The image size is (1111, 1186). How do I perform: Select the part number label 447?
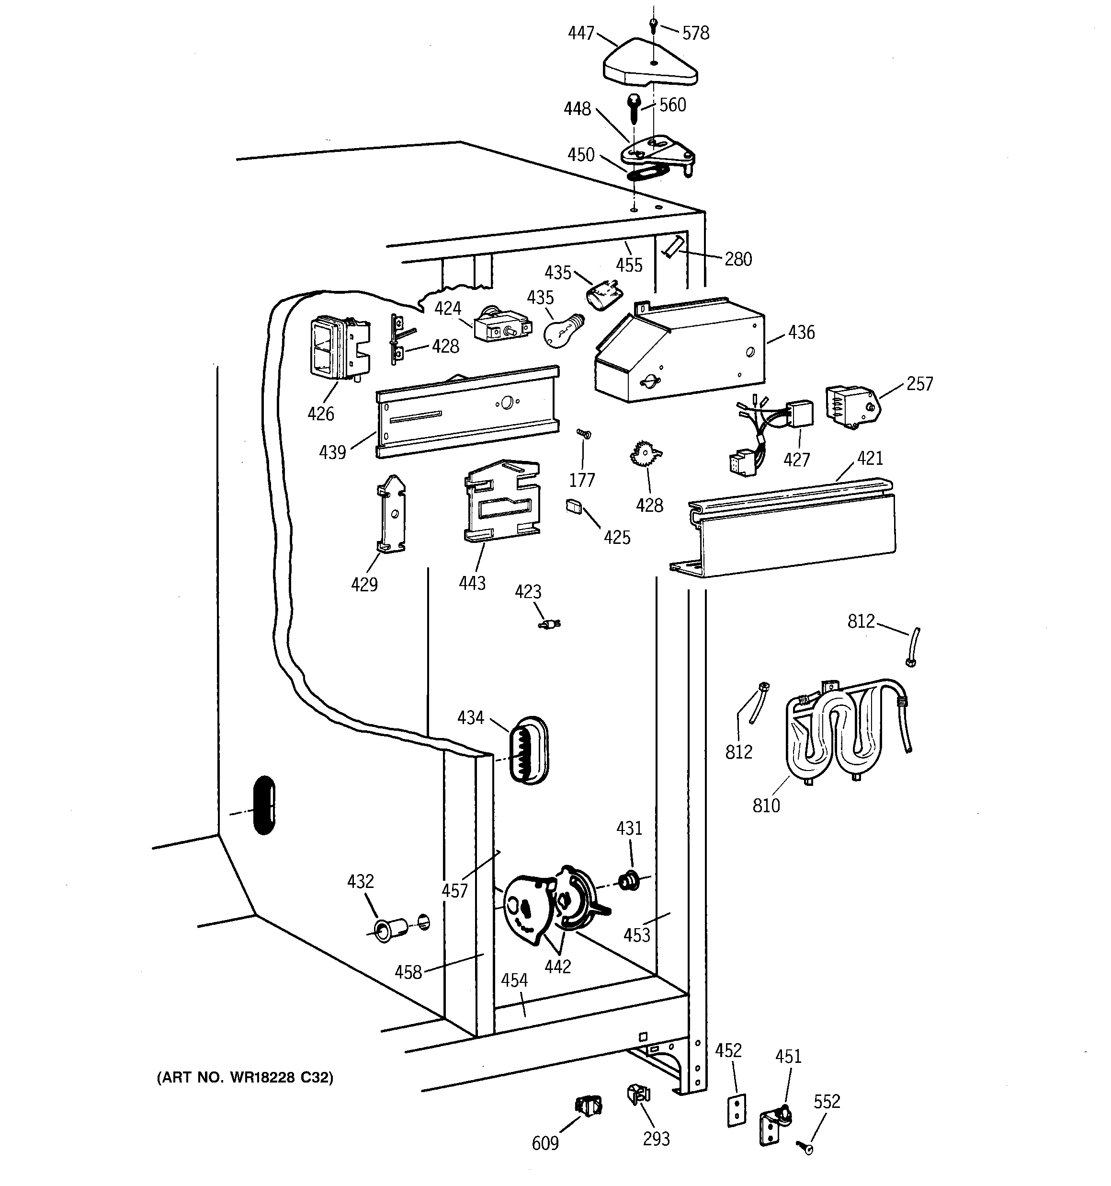pos(581,33)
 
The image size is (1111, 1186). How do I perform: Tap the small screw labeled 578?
pos(654,25)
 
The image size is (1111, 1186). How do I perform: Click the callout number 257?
pos(919,384)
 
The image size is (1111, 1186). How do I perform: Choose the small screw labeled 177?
pos(583,434)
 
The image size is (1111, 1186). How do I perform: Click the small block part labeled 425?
pos(574,507)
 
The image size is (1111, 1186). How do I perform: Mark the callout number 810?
pos(766,806)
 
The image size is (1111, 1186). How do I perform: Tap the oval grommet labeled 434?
pos(528,750)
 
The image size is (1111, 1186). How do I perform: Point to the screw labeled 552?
pos(805,1146)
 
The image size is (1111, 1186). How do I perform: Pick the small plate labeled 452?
pos(737,1110)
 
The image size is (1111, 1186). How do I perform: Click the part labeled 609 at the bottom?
pos(589,1105)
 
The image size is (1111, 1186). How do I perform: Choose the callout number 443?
pos(472,583)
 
